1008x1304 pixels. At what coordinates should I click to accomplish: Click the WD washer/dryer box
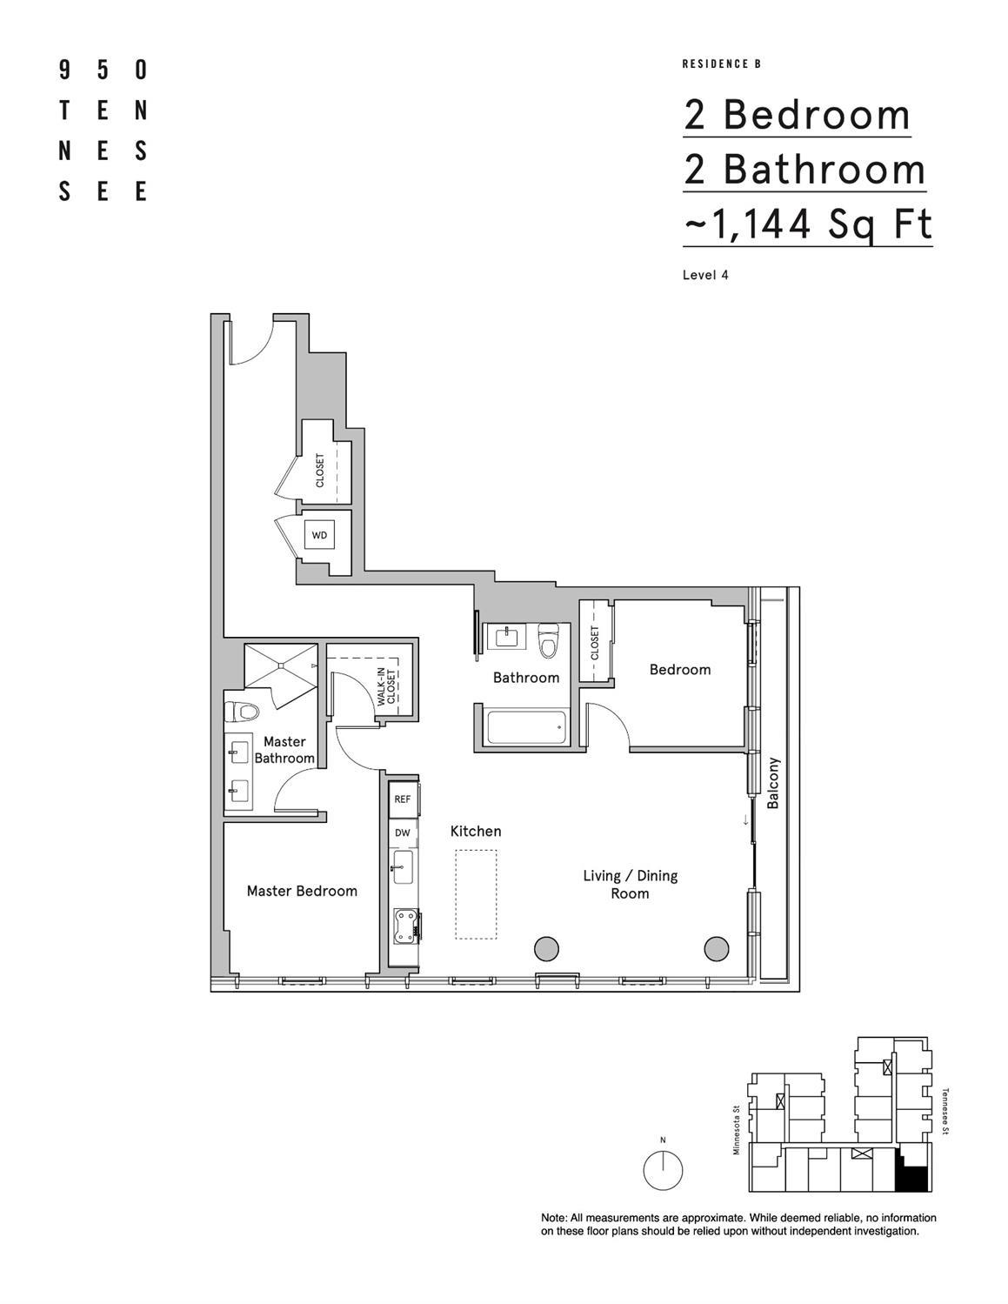pyautogui.click(x=319, y=535)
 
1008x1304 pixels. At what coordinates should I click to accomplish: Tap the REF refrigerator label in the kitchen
pyautogui.click(x=402, y=799)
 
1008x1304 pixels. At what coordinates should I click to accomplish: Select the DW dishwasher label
pyautogui.click(x=402, y=833)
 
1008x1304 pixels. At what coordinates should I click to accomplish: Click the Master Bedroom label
pyautogui.click(x=302, y=891)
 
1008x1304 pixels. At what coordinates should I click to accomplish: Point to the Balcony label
pyautogui.click(x=773, y=784)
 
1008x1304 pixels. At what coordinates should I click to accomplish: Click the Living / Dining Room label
pyautogui.click(x=630, y=885)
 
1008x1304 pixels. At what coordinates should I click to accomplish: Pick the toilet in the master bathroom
pyautogui.click(x=242, y=712)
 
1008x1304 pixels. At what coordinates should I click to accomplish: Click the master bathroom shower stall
pyautogui.click(x=280, y=666)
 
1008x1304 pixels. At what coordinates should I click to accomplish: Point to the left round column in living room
pyautogui.click(x=545, y=947)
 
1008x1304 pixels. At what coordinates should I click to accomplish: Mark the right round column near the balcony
pyautogui.click(x=716, y=947)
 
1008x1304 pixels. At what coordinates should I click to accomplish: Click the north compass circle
pyautogui.click(x=663, y=1170)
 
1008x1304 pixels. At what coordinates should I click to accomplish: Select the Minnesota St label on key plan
pyautogui.click(x=736, y=1130)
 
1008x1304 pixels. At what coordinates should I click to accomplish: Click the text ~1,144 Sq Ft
pyautogui.click(x=808, y=224)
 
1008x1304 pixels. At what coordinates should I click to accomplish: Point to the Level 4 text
pyautogui.click(x=705, y=275)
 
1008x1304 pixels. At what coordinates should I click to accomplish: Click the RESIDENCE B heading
pyautogui.click(x=722, y=64)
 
